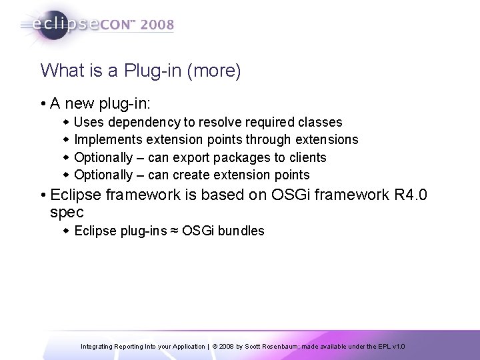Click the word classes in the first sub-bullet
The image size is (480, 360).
(321, 122)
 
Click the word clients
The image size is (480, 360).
(307, 157)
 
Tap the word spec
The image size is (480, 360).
(67, 213)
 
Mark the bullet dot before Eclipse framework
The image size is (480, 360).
(42, 196)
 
